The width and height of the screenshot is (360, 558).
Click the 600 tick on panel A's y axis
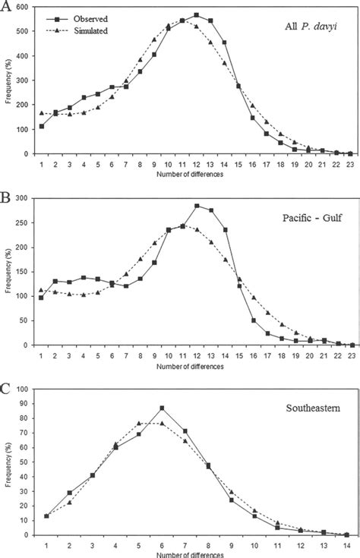pyautogui.click(x=25, y=7)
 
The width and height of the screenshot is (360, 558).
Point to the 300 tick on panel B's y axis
pyautogui.click(x=25, y=198)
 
